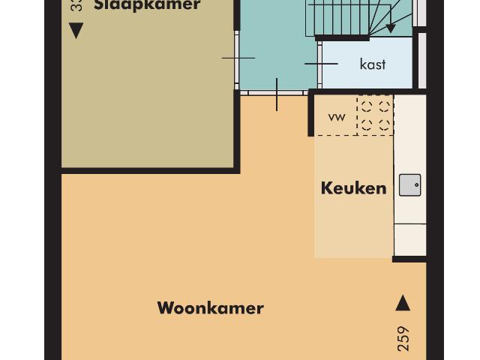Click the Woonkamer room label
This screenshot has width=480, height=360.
pyautogui.click(x=210, y=308)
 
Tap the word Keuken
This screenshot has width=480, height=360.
pyautogui.click(x=353, y=188)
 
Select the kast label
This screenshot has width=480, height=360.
pyautogui.click(x=373, y=64)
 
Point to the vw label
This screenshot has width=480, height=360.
pyautogui.click(x=337, y=117)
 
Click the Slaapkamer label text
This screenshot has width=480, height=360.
pyautogui.click(x=147, y=5)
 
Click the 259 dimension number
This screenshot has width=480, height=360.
pyautogui.click(x=403, y=339)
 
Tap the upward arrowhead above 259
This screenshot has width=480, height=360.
pyautogui.click(x=403, y=303)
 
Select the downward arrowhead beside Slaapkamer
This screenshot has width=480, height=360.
pyautogui.click(x=76, y=31)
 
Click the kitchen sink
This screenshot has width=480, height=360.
pyautogui.click(x=409, y=184)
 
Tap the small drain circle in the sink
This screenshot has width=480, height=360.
pyautogui.click(x=416, y=184)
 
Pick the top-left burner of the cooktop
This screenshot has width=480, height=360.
pyautogui.click(x=366, y=106)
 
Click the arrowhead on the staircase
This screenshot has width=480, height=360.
pyautogui.click(x=391, y=28)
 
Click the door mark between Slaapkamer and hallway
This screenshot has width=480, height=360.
pyautogui.click(x=238, y=58)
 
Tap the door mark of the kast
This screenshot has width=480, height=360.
pyautogui.click(x=321, y=64)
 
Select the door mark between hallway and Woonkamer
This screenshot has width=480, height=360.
pyautogui.click(x=277, y=94)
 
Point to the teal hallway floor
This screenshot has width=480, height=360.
pyautogui.click(x=274, y=45)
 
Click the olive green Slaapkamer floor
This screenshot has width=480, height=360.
pyautogui.click(x=147, y=97)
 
